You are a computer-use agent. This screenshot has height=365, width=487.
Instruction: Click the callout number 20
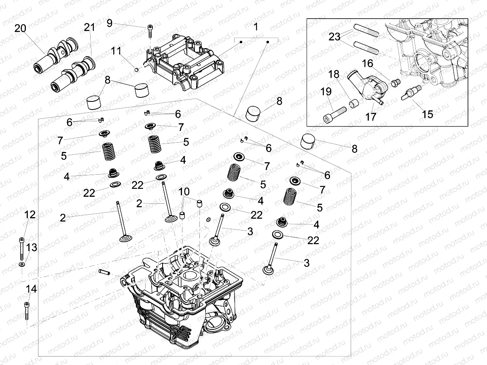[20, 28]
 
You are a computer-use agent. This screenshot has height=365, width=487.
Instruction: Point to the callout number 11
[116, 51]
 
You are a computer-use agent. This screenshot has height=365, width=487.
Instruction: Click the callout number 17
[371, 116]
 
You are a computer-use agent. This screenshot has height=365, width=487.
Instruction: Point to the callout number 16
[367, 64]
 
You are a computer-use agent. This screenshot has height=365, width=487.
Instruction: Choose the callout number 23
[335, 37]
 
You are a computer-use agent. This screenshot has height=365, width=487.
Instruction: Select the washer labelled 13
[21, 264]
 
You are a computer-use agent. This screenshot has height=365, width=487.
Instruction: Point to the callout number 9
[110, 23]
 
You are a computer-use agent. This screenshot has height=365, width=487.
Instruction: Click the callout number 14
[31, 289]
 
